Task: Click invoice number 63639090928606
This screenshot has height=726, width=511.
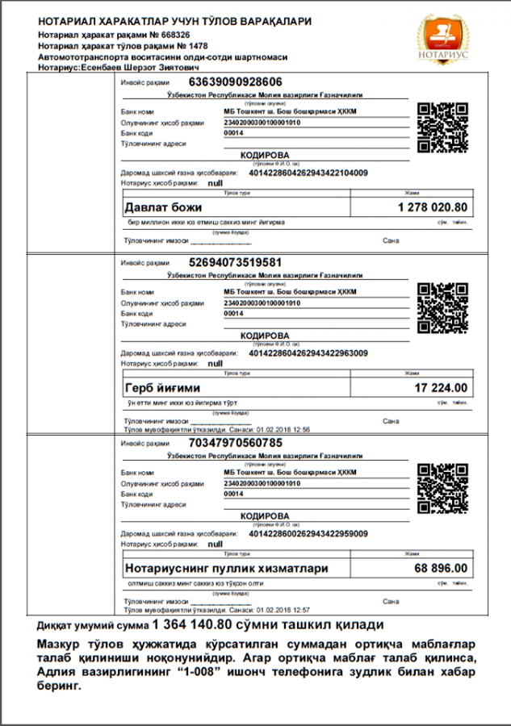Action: pos(235,82)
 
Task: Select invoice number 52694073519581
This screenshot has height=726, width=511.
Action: pos(235,262)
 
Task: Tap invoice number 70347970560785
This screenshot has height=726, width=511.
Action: pos(235,443)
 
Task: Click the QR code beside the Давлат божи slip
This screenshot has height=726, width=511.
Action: pos(442,127)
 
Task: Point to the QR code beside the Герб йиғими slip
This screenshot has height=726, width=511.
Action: pos(442,308)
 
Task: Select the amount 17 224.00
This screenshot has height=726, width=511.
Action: pos(441,388)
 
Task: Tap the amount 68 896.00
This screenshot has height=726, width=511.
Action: pos(441,569)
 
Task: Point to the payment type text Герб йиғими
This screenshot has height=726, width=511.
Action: pos(162,388)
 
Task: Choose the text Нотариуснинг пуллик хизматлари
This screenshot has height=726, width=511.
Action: pos(227,569)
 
